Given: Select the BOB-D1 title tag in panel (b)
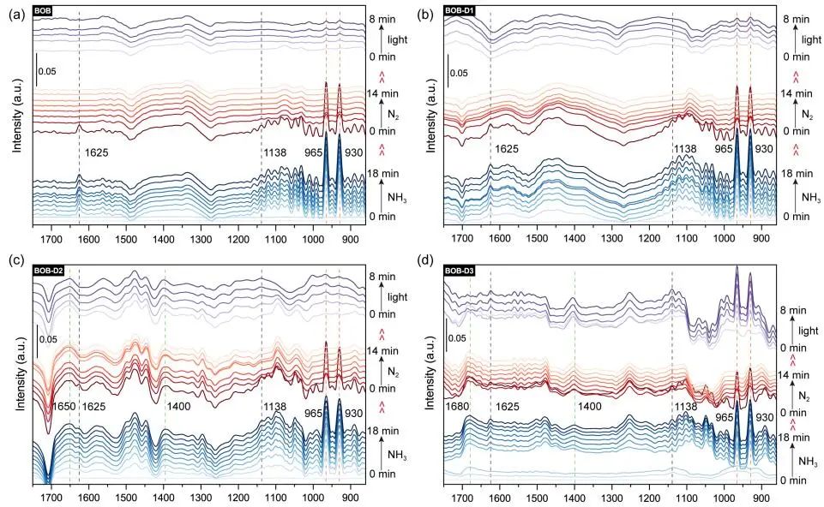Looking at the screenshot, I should [x=463, y=9].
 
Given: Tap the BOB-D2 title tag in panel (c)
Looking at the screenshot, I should [x=49, y=271].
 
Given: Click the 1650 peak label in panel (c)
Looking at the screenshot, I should [x=61, y=406].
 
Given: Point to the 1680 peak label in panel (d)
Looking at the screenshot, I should [x=458, y=406].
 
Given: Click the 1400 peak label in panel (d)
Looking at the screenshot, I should [x=591, y=406].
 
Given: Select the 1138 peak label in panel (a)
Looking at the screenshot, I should [x=275, y=152].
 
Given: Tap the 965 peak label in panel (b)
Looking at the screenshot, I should [x=725, y=149].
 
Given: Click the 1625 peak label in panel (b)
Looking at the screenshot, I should [x=507, y=149].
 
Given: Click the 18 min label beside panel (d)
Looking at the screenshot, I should [x=795, y=438].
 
